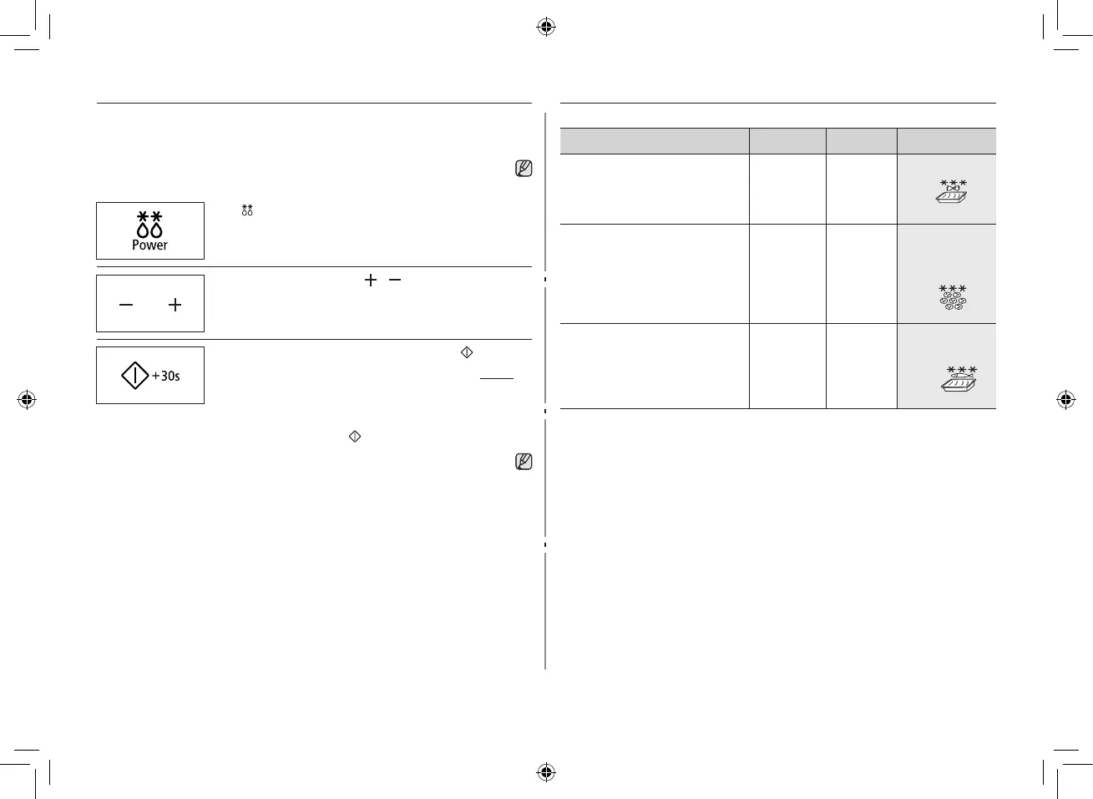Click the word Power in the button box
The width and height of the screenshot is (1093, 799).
149,245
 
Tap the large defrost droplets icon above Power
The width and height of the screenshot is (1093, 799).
149,224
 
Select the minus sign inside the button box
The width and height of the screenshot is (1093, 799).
126,306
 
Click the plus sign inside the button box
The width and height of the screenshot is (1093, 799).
175,306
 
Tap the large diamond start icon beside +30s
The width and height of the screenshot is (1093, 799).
135,376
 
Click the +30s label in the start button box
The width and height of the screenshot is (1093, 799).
166,376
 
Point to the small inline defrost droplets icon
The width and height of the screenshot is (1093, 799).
247,210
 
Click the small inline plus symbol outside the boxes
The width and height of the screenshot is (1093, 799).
371,281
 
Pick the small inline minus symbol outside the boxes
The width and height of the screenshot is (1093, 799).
395,281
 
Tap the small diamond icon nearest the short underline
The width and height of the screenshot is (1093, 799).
467,353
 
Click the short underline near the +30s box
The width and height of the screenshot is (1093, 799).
497,379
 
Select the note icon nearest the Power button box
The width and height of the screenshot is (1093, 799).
524,168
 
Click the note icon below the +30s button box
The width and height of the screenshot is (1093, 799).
524,462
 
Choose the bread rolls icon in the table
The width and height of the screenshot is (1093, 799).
953,298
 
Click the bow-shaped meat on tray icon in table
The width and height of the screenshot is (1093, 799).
953,192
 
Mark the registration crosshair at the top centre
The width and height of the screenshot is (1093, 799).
545,27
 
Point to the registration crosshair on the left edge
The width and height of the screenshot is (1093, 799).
27,399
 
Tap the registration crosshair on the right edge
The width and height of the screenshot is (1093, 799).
1065,399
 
